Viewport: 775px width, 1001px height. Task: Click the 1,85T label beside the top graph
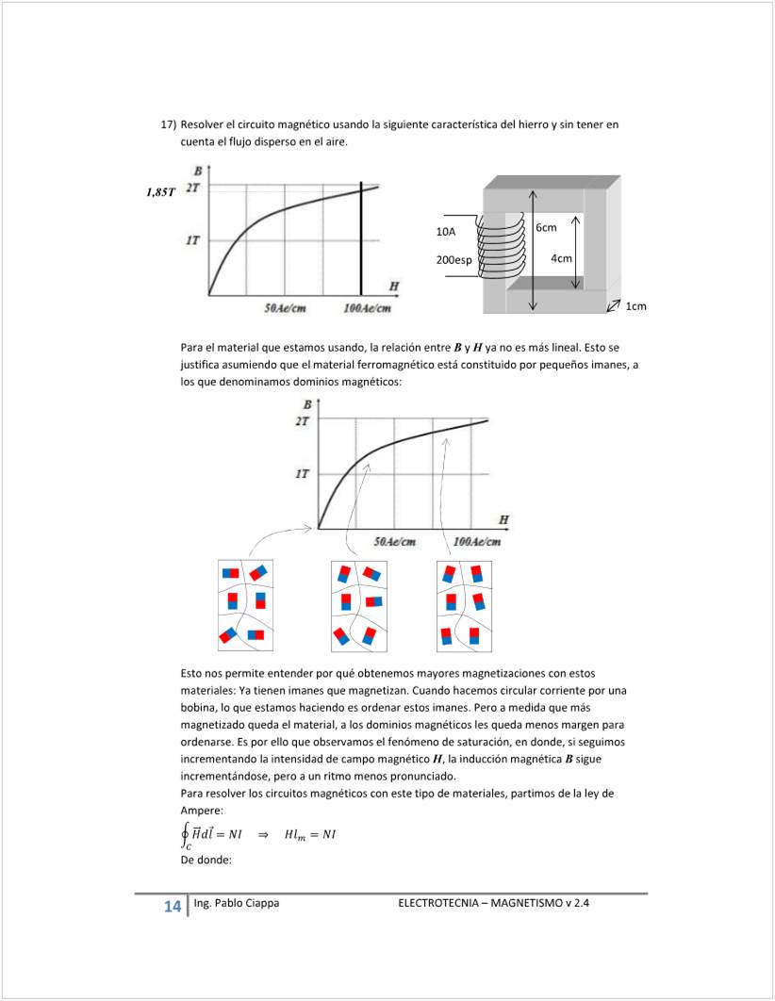point(160,192)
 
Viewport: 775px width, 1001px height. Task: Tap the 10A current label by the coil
point(446,232)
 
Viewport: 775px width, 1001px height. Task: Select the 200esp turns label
point(453,260)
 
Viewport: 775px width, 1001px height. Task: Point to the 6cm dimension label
point(546,228)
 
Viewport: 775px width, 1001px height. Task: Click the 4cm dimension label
point(561,258)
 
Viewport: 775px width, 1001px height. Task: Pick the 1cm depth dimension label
point(636,306)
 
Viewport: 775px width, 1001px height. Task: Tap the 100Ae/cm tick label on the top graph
point(368,308)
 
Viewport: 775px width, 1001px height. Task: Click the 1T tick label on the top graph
point(192,241)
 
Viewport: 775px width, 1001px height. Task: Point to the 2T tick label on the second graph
point(302,421)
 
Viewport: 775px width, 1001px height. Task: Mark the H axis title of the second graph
point(503,519)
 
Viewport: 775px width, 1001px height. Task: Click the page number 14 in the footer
point(172,907)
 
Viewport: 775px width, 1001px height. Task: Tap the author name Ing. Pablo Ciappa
point(236,903)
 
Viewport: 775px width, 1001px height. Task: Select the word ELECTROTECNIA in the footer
point(439,903)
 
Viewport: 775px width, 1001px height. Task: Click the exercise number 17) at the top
point(169,124)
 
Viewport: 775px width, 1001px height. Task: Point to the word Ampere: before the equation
point(201,811)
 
